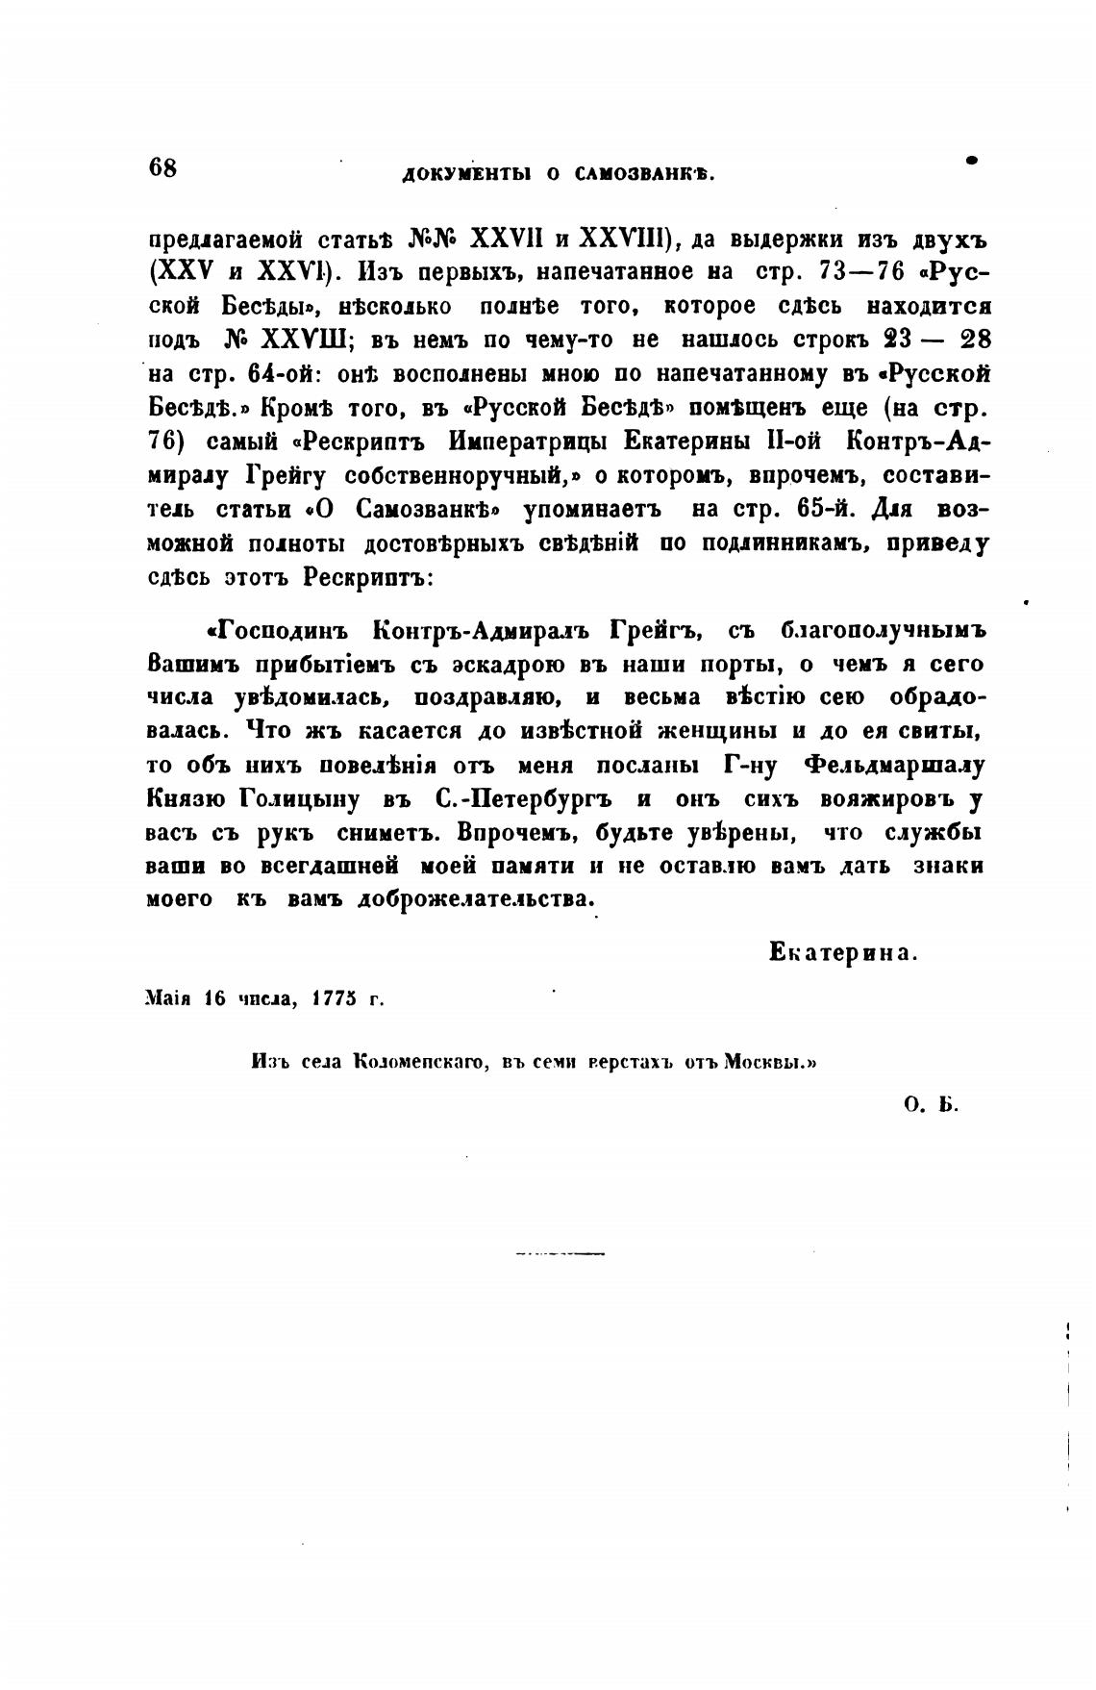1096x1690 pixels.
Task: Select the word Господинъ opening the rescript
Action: pyautogui.click(x=278, y=630)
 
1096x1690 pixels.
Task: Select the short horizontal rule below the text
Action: pyautogui.click(x=560, y=1254)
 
